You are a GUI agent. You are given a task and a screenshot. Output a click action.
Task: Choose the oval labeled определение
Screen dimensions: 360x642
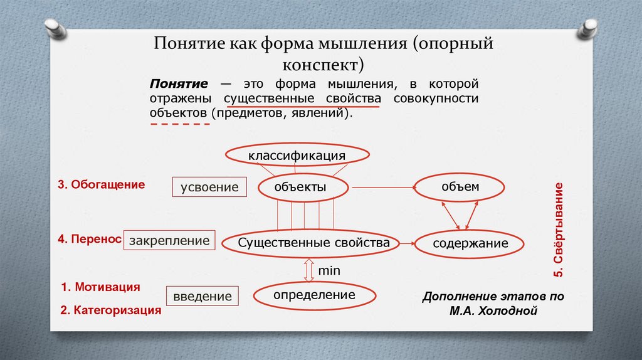314,295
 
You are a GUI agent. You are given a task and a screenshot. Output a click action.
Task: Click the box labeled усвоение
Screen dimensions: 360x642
210,187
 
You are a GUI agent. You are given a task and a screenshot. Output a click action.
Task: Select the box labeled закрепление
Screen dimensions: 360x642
169,240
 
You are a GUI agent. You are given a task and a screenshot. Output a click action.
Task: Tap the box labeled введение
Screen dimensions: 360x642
203,295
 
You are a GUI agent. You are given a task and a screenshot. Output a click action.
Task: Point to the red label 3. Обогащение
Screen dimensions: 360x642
102,185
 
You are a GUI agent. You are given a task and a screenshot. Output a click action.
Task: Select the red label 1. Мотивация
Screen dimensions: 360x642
100,287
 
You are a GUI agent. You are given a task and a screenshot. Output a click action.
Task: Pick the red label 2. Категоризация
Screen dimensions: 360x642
111,310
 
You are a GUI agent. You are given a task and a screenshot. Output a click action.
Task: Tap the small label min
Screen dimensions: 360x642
329,272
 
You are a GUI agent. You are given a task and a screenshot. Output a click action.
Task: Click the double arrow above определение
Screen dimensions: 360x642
308,271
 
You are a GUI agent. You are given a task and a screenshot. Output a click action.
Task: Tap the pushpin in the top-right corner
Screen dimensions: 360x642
590,28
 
